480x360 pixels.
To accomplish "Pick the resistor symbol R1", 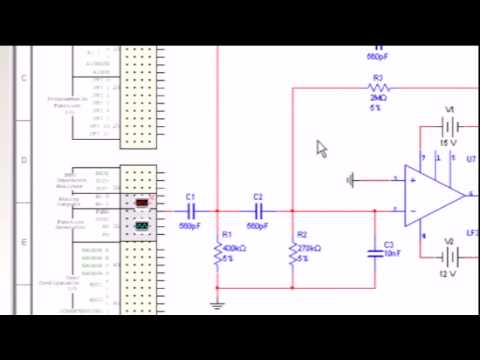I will (216, 257).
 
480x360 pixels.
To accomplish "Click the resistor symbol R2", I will (293, 257).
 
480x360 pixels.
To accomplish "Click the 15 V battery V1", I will (451, 127).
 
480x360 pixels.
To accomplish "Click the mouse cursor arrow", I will (322, 148).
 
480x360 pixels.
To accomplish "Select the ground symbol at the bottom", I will (216, 304).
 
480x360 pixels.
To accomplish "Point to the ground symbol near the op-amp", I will (351, 180).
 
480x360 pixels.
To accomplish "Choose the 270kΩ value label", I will (310, 248).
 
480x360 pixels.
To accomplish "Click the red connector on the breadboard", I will (142, 203).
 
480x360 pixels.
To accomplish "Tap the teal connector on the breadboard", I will (142, 225).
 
